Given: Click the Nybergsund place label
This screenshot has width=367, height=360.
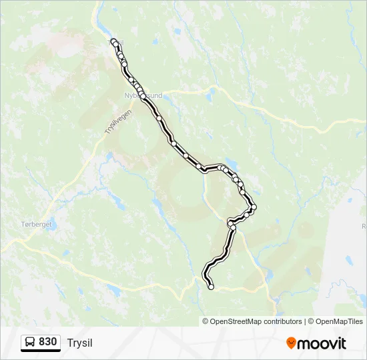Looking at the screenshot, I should [x=143, y=96].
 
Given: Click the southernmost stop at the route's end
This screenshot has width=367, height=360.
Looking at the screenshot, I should [x=212, y=287].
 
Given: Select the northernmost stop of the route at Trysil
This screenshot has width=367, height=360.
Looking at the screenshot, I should [x=113, y=41].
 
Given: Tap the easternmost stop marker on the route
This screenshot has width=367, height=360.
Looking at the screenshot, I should [x=254, y=207].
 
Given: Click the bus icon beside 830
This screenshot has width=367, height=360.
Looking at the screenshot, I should [x=30, y=343].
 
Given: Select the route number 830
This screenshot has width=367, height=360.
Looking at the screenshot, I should [x=47, y=342].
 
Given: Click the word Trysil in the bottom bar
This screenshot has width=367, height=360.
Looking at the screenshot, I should [x=80, y=343].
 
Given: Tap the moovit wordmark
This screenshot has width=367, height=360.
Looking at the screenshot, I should [x=322, y=343].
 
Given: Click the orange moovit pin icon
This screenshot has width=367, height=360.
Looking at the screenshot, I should [x=291, y=343].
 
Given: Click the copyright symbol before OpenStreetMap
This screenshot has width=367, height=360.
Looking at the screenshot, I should [x=206, y=321].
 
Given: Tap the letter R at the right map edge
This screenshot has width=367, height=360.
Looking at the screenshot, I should [x=364, y=227].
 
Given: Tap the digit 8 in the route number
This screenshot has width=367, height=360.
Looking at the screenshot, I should [x=42, y=342].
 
